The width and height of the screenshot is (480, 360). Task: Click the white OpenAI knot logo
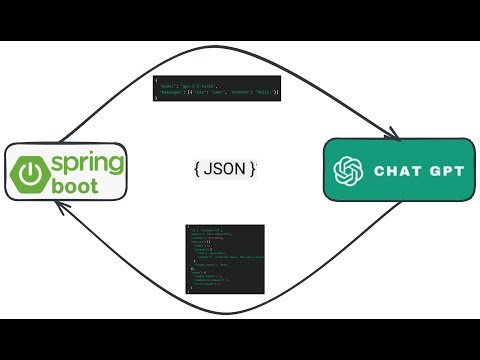click(x=351, y=170)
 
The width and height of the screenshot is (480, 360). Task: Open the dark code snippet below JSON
click(x=225, y=258)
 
